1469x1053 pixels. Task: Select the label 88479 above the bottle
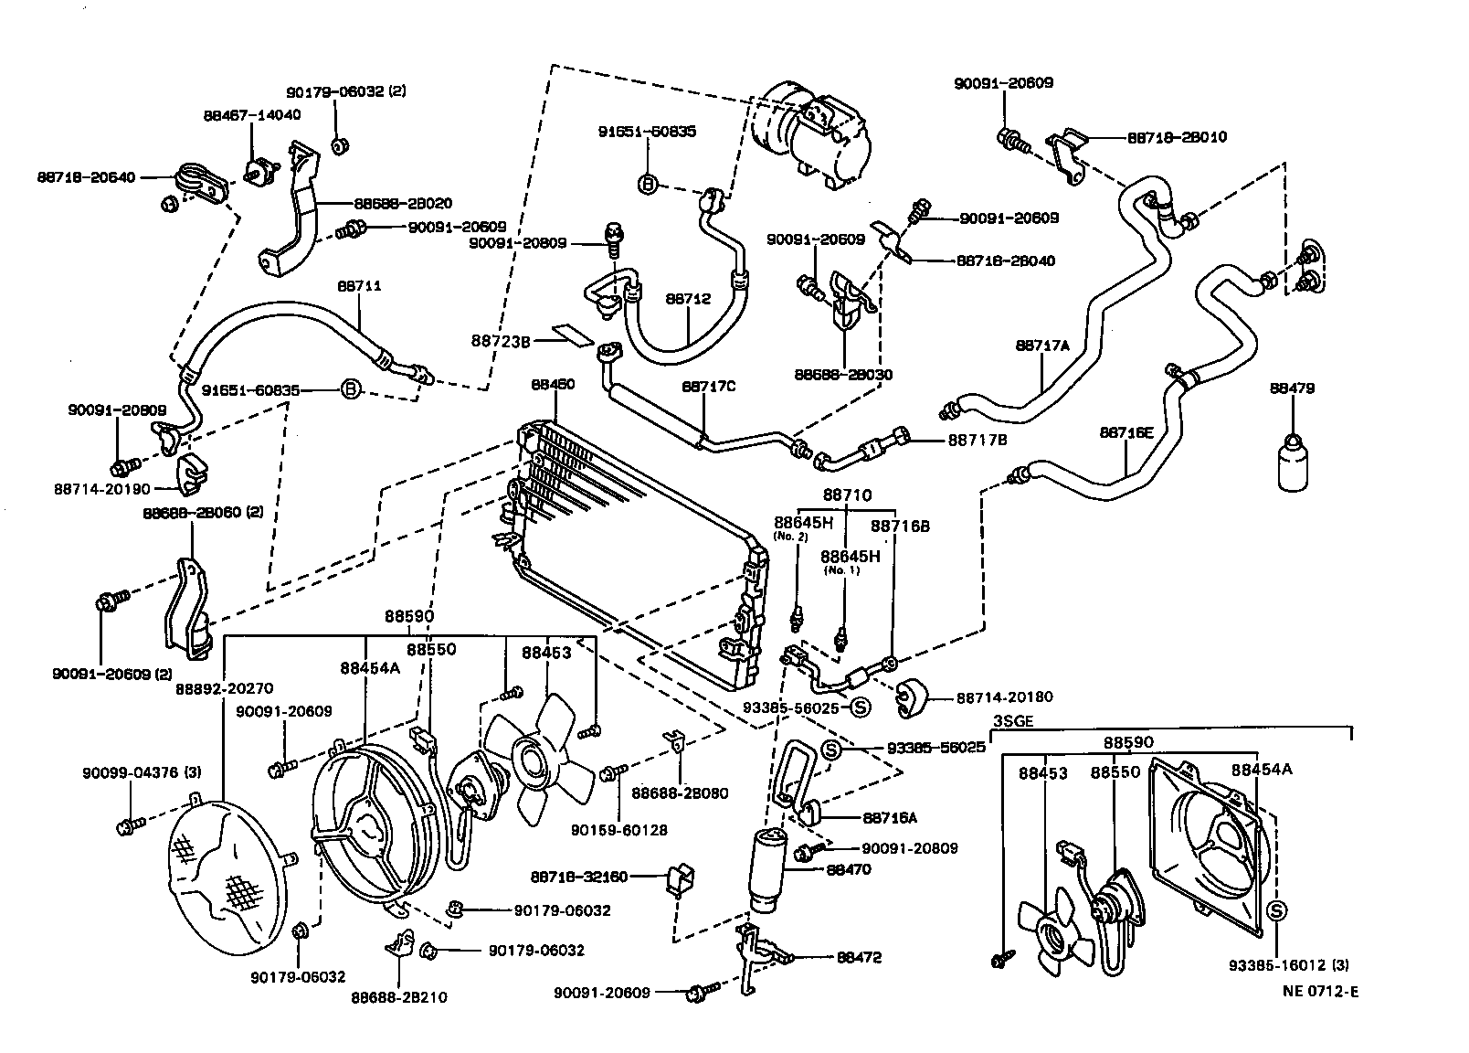click(x=1292, y=388)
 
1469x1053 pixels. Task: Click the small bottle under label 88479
click(x=1292, y=463)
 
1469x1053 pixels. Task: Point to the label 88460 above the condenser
click(x=553, y=385)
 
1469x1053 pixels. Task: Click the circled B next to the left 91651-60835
click(x=349, y=390)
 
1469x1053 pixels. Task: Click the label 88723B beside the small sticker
click(x=501, y=341)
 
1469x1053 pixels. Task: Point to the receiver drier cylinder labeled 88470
click(x=769, y=868)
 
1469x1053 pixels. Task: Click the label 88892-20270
click(x=224, y=688)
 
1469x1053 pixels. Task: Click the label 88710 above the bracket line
click(x=847, y=495)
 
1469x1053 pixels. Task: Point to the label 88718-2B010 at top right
click(x=1177, y=137)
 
